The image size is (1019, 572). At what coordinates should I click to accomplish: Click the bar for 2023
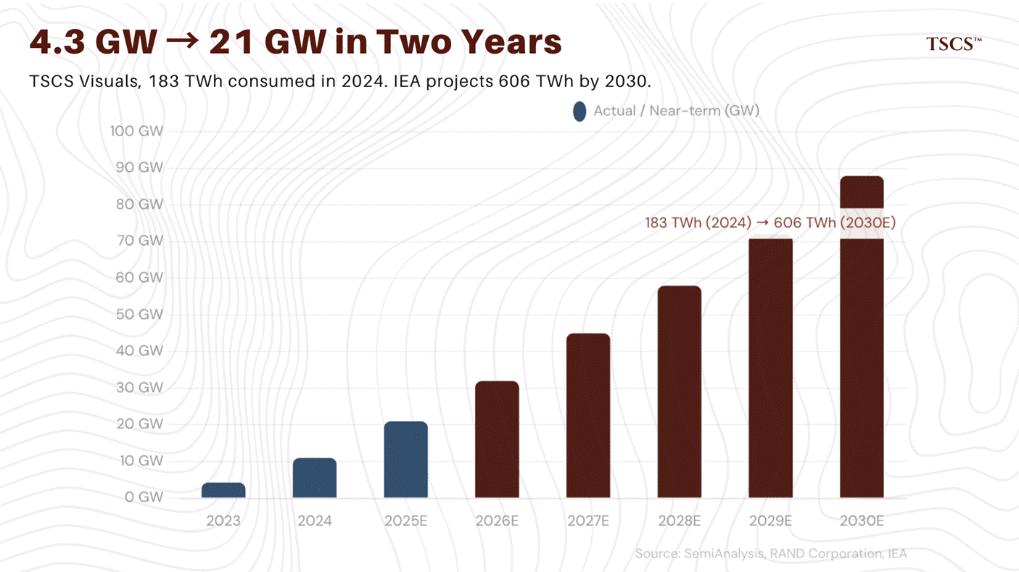[x=223, y=490]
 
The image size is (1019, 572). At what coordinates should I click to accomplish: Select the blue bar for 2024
[x=315, y=478]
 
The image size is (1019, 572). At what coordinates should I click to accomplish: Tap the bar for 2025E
[x=405, y=460]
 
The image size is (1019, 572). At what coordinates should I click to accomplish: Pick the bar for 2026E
[x=497, y=439]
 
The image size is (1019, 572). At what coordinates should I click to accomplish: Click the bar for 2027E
[x=588, y=415]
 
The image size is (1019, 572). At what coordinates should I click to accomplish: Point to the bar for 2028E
[x=680, y=391]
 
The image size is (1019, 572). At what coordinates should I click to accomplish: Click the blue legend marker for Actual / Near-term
[x=579, y=112]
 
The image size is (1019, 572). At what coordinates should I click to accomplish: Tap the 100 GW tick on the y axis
[x=137, y=131]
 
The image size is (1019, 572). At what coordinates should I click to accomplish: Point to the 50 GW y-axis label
[x=141, y=315]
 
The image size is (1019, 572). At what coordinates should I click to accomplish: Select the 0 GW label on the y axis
[x=144, y=497]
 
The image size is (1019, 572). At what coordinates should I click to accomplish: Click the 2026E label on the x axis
[x=497, y=521]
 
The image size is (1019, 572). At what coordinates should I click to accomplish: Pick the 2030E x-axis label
[x=862, y=521]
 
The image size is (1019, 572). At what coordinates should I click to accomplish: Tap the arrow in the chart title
[x=182, y=43]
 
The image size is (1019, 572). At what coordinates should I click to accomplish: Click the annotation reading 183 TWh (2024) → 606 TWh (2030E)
[x=770, y=223]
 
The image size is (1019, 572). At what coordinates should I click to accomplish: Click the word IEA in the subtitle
[x=411, y=81]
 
